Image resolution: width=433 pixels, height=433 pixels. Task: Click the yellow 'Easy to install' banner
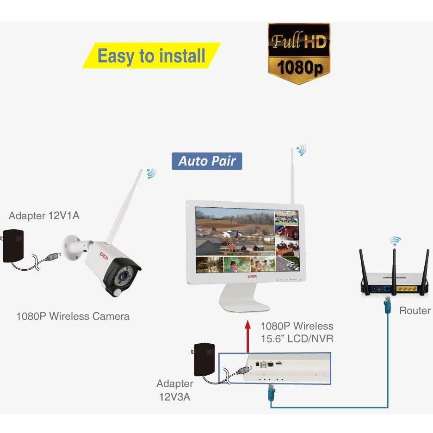pyautogui.click(x=151, y=56)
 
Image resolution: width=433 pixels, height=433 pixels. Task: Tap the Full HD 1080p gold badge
pyautogui.click(x=299, y=54)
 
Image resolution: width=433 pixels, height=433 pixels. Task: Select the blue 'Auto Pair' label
pyautogui.click(x=207, y=161)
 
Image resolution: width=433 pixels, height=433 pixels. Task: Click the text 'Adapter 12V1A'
pyautogui.click(x=44, y=216)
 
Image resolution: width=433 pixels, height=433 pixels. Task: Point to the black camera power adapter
pyautogui.click(x=13, y=246)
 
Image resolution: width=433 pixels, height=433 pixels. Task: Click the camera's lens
pyautogui.click(x=124, y=275)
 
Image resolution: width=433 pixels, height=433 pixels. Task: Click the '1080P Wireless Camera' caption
pyautogui.click(x=73, y=316)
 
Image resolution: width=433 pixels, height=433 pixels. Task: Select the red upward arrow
pyautogui.click(x=247, y=336)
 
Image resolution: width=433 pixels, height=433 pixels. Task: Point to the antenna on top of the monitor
pyautogui.click(x=292, y=176)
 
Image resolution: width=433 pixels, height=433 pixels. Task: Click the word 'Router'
pyautogui.click(x=415, y=311)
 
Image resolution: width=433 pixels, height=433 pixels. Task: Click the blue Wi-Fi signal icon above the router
pyautogui.click(x=395, y=241)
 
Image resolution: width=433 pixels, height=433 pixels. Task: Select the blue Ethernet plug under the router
pyautogui.click(x=388, y=305)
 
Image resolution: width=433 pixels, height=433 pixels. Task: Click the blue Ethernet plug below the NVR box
pyautogui.click(x=271, y=392)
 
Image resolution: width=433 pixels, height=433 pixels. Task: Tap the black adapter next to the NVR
pyautogui.click(x=204, y=359)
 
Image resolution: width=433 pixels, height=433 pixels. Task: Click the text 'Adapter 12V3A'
pyautogui.click(x=174, y=390)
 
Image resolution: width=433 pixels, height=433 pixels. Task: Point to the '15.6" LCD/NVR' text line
pyautogui.click(x=297, y=339)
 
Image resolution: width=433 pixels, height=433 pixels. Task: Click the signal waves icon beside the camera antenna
pyautogui.click(x=151, y=173)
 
